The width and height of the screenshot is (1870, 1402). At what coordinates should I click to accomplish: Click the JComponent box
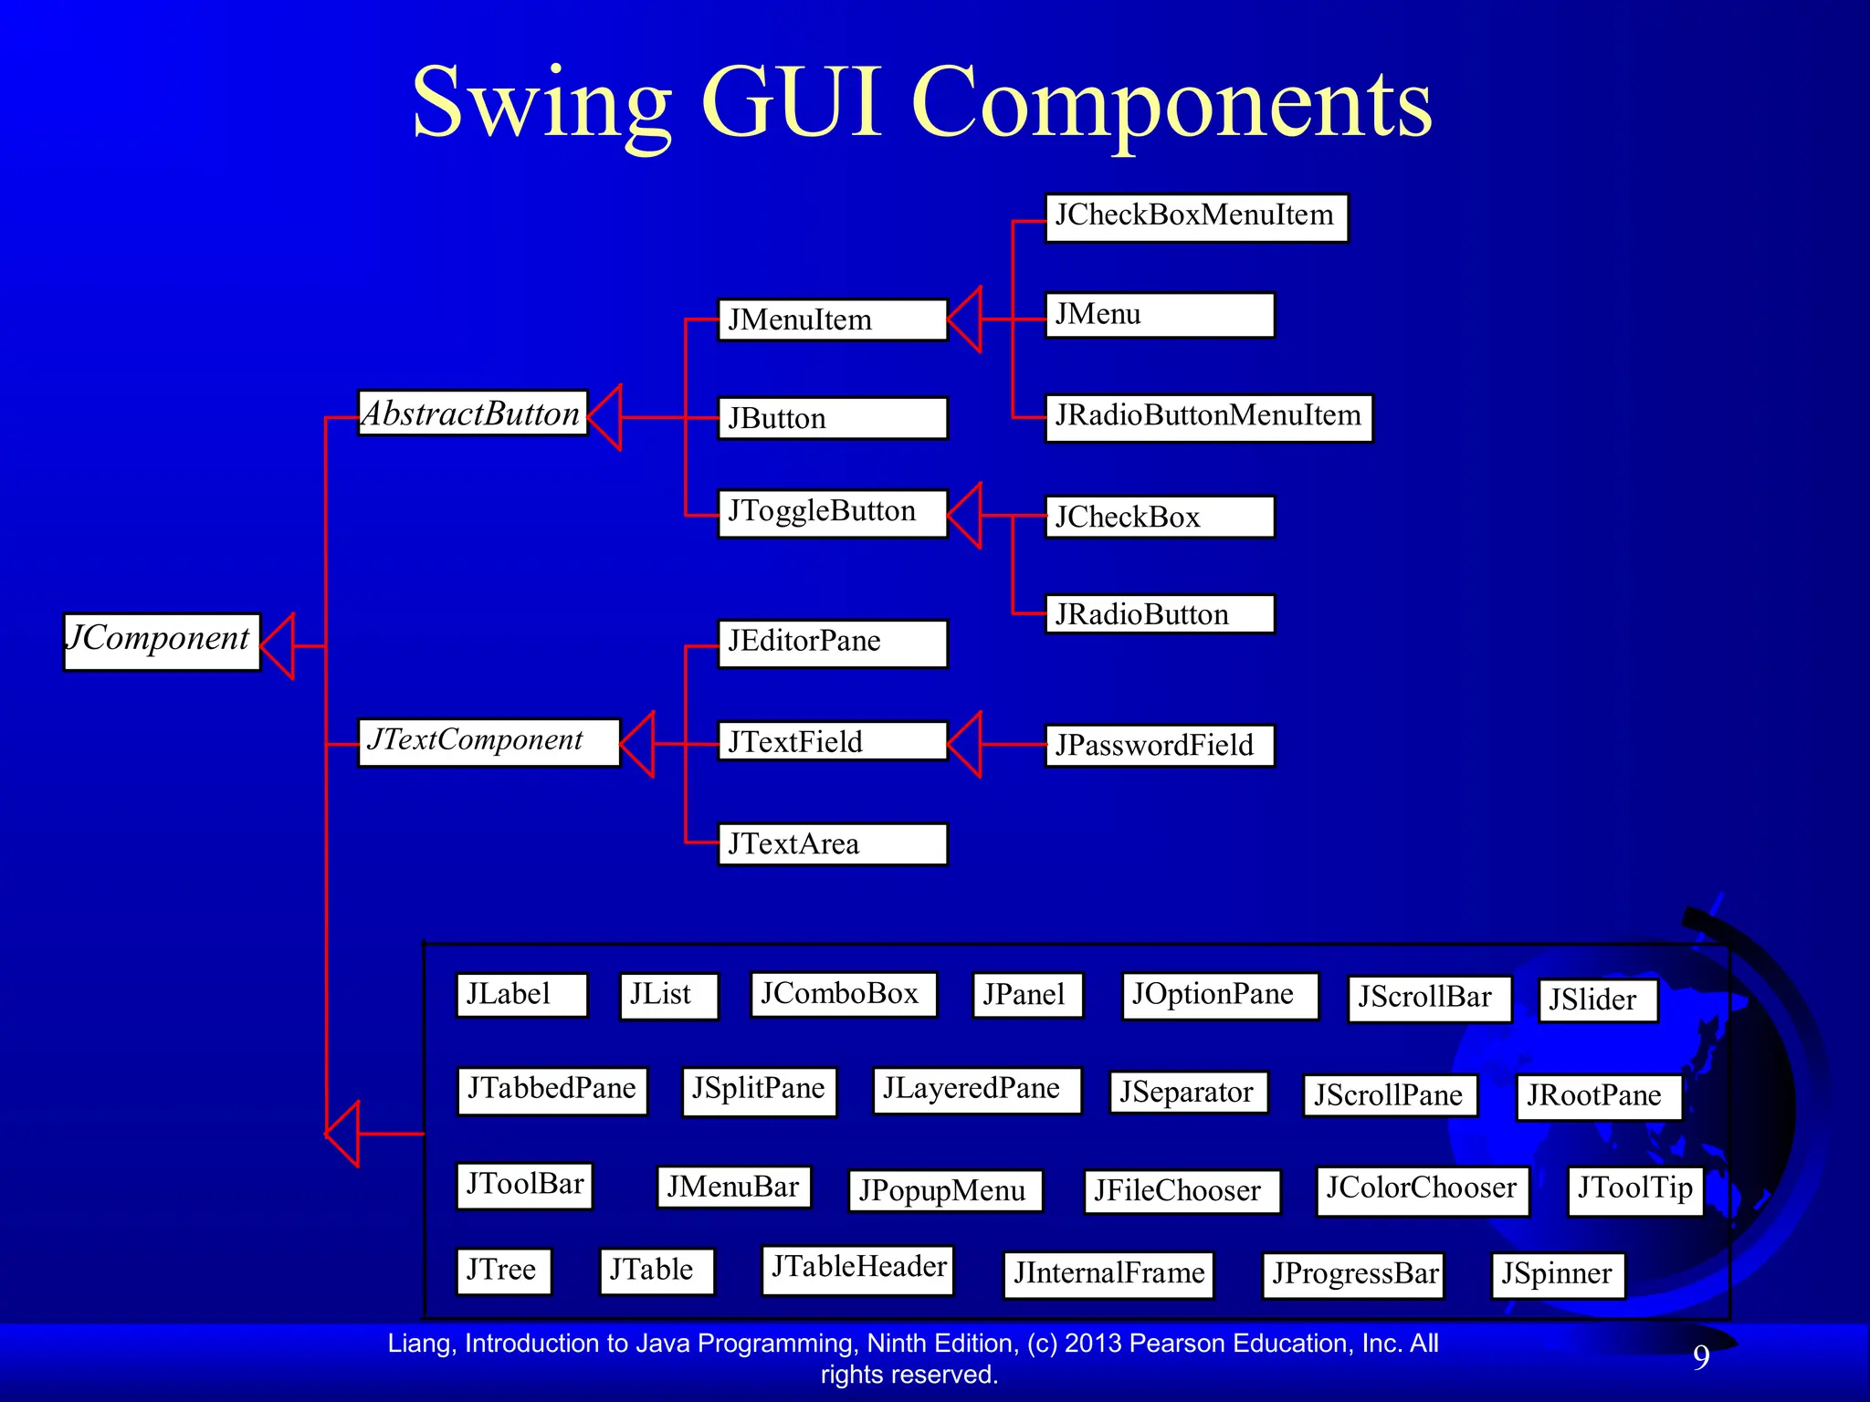pyautogui.click(x=162, y=642)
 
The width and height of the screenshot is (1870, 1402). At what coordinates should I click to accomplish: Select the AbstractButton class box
pyautogui.click(x=472, y=413)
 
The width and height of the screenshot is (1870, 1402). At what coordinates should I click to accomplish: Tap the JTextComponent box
pyautogui.click(x=489, y=742)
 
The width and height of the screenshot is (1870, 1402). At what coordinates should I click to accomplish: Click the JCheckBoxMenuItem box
pyautogui.click(x=1196, y=218)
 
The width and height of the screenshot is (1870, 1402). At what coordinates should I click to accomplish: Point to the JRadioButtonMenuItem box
pyautogui.click(x=1208, y=418)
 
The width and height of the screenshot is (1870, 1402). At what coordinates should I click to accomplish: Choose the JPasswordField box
pyautogui.click(x=1159, y=746)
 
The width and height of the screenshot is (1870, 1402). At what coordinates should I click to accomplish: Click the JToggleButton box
pyautogui.click(x=832, y=513)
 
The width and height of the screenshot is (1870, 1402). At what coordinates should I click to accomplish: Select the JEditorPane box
pyautogui.click(x=832, y=643)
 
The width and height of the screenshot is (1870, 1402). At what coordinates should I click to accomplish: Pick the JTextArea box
pyautogui.click(x=832, y=844)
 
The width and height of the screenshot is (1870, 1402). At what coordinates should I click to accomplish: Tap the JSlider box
pyautogui.click(x=1597, y=1000)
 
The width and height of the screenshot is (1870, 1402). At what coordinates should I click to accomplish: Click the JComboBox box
pyautogui.click(x=843, y=994)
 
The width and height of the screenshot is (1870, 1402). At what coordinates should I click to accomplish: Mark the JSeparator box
pyautogui.click(x=1188, y=1093)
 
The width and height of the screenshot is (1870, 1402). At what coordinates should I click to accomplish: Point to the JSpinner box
pyautogui.click(x=1557, y=1274)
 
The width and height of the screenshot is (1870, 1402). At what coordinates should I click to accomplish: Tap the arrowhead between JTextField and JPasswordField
pyautogui.click(x=966, y=745)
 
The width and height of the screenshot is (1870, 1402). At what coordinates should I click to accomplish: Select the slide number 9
pyautogui.click(x=1701, y=1357)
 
